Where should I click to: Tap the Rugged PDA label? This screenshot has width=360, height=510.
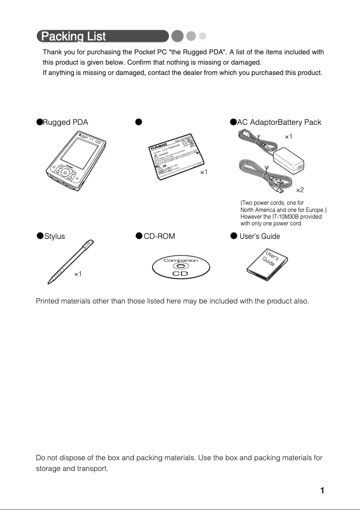click(x=65, y=122)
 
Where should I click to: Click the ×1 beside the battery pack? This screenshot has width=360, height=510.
click(x=203, y=172)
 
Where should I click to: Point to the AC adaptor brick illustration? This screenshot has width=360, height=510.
click(x=288, y=162)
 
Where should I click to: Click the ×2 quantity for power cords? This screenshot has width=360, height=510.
click(x=300, y=191)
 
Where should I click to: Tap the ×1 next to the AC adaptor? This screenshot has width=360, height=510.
click(x=289, y=136)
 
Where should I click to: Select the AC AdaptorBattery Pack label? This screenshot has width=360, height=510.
click(x=279, y=122)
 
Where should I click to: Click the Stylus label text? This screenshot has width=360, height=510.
click(x=54, y=236)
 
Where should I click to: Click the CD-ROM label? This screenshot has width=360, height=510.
click(x=159, y=236)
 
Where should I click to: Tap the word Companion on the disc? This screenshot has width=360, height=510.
click(x=180, y=260)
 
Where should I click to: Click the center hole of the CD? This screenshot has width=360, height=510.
click(x=180, y=266)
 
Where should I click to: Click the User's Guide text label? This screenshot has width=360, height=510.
click(x=259, y=236)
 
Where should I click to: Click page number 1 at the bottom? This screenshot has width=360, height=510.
click(x=322, y=490)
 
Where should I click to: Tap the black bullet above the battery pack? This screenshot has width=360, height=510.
click(x=139, y=122)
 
